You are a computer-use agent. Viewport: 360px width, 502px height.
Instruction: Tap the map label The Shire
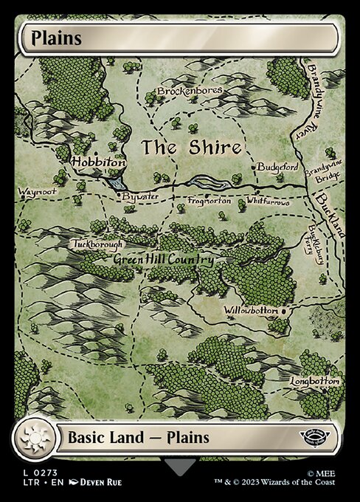191,147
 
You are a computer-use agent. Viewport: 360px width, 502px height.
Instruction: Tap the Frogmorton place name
209,200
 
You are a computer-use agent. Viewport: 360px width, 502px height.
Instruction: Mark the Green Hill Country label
163,260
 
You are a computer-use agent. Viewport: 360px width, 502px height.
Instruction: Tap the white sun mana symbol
35,438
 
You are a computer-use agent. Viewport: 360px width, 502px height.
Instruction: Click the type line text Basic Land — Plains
139,437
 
